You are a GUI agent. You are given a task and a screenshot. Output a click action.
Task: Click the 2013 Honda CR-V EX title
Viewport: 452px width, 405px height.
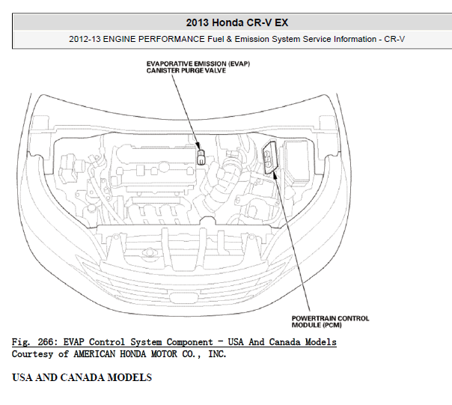coord(237,22)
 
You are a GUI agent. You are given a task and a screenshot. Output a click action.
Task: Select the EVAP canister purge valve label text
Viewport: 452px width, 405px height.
coord(198,67)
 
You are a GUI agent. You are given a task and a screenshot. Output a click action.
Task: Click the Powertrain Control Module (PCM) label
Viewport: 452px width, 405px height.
coord(330,322)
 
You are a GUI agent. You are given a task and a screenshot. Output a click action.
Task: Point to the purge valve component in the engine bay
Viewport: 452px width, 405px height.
coord(201,157)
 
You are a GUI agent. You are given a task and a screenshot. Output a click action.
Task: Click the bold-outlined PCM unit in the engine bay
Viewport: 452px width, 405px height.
coord(270,157)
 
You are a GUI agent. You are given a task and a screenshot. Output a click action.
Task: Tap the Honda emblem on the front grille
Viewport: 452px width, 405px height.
coord(183,297)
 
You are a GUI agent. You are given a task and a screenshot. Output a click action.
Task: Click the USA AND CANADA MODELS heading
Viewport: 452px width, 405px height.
coord(82,377)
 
